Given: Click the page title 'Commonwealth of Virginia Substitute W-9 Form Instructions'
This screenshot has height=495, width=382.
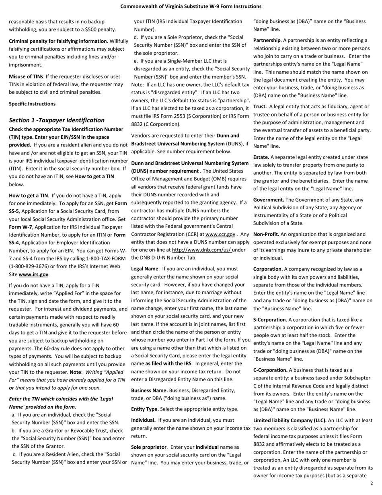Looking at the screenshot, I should pos(191,6).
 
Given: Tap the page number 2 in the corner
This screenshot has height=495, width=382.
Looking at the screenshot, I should pos(371,483).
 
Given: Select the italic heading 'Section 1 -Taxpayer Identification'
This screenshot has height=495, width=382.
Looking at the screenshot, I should pos(57,120).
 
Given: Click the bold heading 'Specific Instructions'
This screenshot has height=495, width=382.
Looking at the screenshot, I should pos(32,104).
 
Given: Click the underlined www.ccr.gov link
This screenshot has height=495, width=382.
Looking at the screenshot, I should pos(220,234).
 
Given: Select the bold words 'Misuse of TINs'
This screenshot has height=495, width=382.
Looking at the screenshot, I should pos(26,76).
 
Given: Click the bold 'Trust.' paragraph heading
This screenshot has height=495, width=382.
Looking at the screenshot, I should pos(260,107).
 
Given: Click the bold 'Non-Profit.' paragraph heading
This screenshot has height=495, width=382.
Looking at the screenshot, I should pos(266,234).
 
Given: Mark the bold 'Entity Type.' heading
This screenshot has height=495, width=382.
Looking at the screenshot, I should pos(145,409).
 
